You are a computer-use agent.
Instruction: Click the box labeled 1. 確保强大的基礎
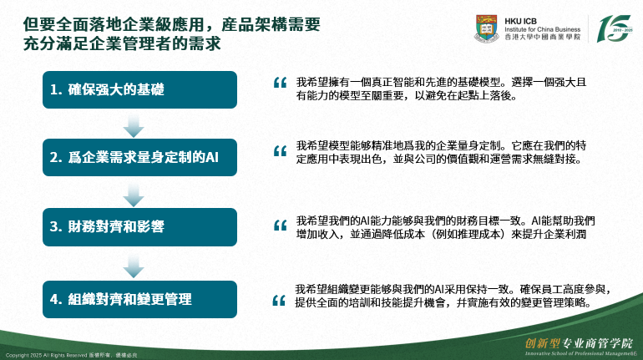coord(139,90)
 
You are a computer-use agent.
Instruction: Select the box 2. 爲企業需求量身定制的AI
coord(139,158)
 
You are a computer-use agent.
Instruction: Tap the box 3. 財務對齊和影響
coord(139,226)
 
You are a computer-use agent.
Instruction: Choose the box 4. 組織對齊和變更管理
coord(139,299)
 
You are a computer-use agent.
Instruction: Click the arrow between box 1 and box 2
coord(134,125)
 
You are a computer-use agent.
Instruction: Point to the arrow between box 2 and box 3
coord(134,195)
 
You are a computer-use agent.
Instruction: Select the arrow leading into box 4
coord(134,266)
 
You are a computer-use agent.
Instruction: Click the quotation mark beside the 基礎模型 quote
coord(280,83)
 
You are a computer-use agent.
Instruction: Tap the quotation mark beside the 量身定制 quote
coord(280,151)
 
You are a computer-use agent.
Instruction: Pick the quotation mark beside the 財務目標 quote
coord(280,226)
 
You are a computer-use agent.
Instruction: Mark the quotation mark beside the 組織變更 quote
coord(279,301)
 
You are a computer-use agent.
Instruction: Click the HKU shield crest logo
coord(487,28)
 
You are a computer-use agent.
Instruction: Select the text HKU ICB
coord(520,21)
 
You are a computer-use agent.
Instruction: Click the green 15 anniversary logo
coord(614,28)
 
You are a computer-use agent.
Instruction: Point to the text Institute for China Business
coord(543,29)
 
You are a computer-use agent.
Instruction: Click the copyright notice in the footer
coord(71,355)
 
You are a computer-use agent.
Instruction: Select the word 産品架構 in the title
coord(254,24)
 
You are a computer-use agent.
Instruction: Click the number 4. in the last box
coord(56,299)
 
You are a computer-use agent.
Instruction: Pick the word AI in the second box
coord(211,158)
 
